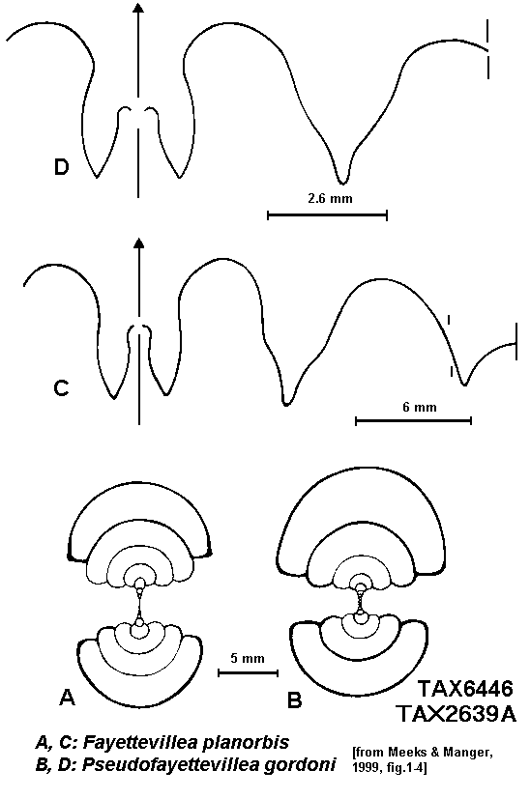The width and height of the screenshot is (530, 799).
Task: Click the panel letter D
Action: point(61,167)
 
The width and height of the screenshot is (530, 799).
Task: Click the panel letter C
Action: point(61,388)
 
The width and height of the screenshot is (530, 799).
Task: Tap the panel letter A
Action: point(68,697)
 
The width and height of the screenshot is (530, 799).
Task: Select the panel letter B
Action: point(295,699)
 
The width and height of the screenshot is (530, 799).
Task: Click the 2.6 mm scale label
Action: point(330,198)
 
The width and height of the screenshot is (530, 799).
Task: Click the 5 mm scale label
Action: point(248,658)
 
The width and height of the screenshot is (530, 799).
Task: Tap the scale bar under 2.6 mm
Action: point(328,215)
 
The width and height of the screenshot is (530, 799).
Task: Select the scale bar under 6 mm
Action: point(413,420)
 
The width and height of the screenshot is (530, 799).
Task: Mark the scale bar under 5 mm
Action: point(248,673)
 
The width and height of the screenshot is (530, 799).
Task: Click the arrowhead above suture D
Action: point(137,6)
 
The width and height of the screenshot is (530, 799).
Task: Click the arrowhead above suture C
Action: point(138,243)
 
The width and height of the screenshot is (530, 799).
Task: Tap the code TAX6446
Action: point(465,689)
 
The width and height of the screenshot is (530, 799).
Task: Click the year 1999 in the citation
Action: point(365,767)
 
